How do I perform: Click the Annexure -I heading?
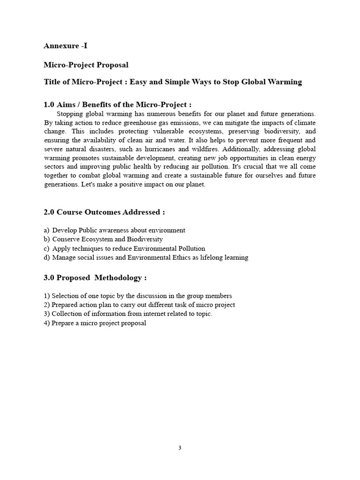(65, 45)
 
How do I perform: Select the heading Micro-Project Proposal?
(86, 64)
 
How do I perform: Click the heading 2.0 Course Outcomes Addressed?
(104, 212)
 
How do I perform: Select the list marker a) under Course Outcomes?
(46, 230)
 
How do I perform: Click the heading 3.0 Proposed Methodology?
(95, 277)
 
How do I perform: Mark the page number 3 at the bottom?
(180, 448)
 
